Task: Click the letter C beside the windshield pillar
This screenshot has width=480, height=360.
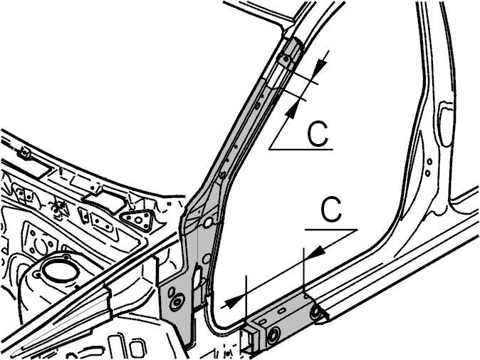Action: tap(318, 134)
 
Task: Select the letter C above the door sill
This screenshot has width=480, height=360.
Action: tap(331, 210)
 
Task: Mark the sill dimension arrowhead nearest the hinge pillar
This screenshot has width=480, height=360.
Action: tap(231, 302)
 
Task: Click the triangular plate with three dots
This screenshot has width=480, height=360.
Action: tap(136, 220)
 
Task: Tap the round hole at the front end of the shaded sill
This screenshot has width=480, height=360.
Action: tap(273, 335)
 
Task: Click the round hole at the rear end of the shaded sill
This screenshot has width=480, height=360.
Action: tap(315, 312)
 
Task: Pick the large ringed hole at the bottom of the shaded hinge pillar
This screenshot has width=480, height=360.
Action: tap(177, 302)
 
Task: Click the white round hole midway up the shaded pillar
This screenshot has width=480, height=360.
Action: tap(209, 222)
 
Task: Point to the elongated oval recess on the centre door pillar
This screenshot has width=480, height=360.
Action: tap(445, 123)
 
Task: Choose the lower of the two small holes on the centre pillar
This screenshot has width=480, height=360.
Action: tap(427, 173)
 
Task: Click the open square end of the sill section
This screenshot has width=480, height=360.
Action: tap(249, 339)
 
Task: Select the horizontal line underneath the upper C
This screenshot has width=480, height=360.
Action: tap(301, 149)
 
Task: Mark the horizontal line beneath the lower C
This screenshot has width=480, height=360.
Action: tap(331, 229)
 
